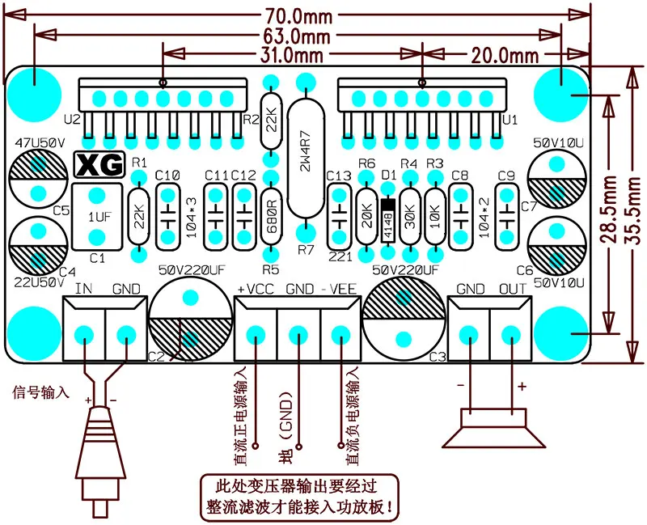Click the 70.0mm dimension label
298,16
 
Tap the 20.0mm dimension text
505,56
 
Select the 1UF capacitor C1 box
97,217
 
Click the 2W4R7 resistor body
306,158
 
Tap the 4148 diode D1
388,221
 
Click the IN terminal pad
84,333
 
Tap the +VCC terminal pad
256,333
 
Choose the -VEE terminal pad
340,333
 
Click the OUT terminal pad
511,333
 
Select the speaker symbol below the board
493,428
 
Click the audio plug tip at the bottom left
99,509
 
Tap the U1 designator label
510,120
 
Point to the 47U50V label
40,143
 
